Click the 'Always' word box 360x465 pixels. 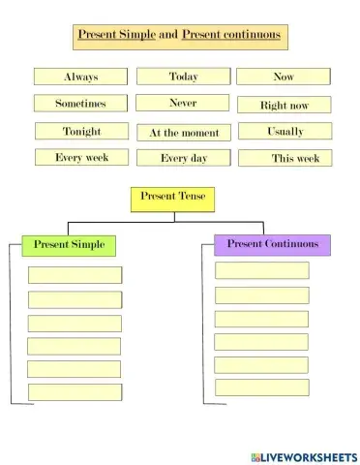click(x=81, y=77)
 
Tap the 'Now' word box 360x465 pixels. click(x=284, y=77)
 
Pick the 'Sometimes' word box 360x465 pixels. click(x=81, y=104)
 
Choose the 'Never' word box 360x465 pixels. click(x=183, y=103)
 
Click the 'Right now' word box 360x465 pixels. click(x=284, y=105)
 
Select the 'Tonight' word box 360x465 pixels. click(x=81, y=131)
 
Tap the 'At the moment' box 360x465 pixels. click(x=183, y=133)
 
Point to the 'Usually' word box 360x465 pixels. click(x=284, y=131)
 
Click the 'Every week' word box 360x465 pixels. click(x=81, y=157)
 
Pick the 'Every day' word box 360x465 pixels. click(x=183, y=158)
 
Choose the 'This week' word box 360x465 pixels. click(x=284, y=158)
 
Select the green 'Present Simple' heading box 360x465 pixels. click(x=70, y=245)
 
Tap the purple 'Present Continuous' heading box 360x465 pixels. click(x=272, y=244)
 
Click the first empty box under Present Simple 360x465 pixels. click(x=75, y=275)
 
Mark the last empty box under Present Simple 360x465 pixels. click(x=75, y=392)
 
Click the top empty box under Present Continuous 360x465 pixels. click(x=261, y=270)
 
